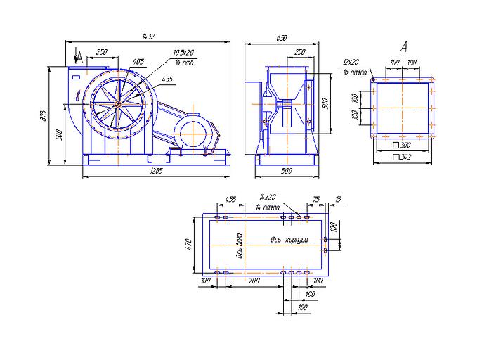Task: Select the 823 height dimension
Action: (43, 117)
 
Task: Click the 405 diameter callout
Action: (138, 62)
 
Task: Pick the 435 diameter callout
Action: (167, 79)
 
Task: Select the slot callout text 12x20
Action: (351, 62)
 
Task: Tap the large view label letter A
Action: (403, 47)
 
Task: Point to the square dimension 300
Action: (405, 146)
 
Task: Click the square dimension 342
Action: (405, 157)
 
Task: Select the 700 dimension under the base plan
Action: (254, 281)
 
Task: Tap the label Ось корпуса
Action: (289, 240)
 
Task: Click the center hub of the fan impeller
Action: (117, 105)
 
